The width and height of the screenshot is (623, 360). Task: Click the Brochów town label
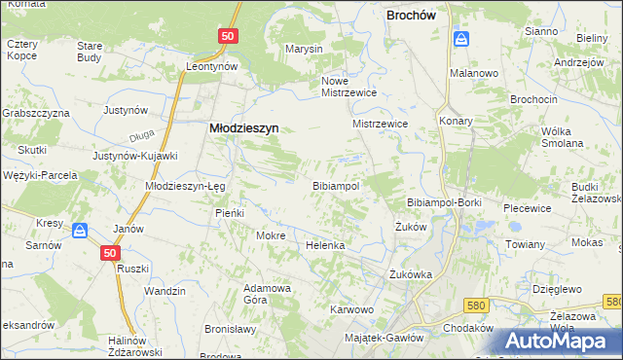click(417, 16)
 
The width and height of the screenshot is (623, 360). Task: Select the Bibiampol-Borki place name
click(439, 200)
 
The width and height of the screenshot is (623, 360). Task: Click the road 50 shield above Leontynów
click(227, 35)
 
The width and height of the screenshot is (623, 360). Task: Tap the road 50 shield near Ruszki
click(110, 252)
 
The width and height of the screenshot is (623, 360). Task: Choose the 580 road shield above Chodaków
click(475, 305)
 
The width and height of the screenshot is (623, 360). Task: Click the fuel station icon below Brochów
click(461, 39)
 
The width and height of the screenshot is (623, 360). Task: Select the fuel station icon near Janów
click(81, 231)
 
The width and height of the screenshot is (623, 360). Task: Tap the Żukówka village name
click(410, 273)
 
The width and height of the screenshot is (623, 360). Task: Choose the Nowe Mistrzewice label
click(348, 87)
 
